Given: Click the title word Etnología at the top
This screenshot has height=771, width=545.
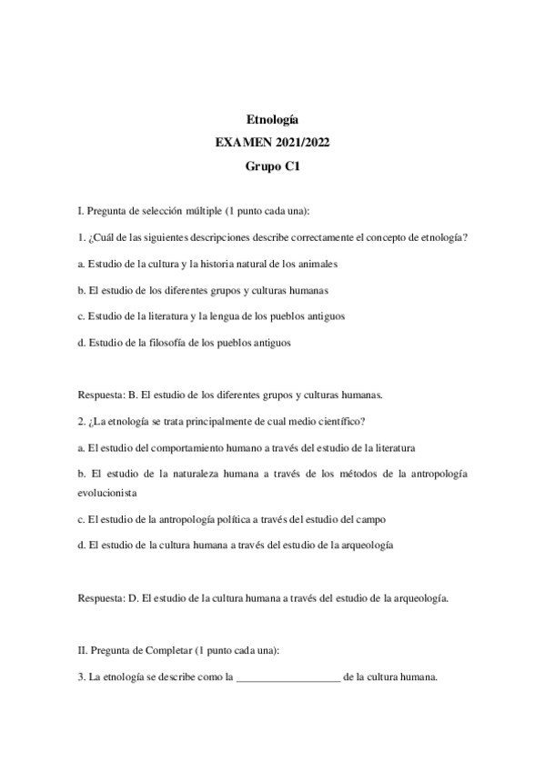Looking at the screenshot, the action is click(273, 119).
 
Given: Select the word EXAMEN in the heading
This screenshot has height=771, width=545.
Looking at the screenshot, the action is click(245, 143).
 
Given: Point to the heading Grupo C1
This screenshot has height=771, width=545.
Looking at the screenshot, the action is click(273, 166).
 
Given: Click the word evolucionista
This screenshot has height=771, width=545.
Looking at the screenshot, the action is click(107, 492).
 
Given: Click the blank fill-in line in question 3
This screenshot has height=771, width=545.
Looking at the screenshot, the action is click(288, 677).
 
